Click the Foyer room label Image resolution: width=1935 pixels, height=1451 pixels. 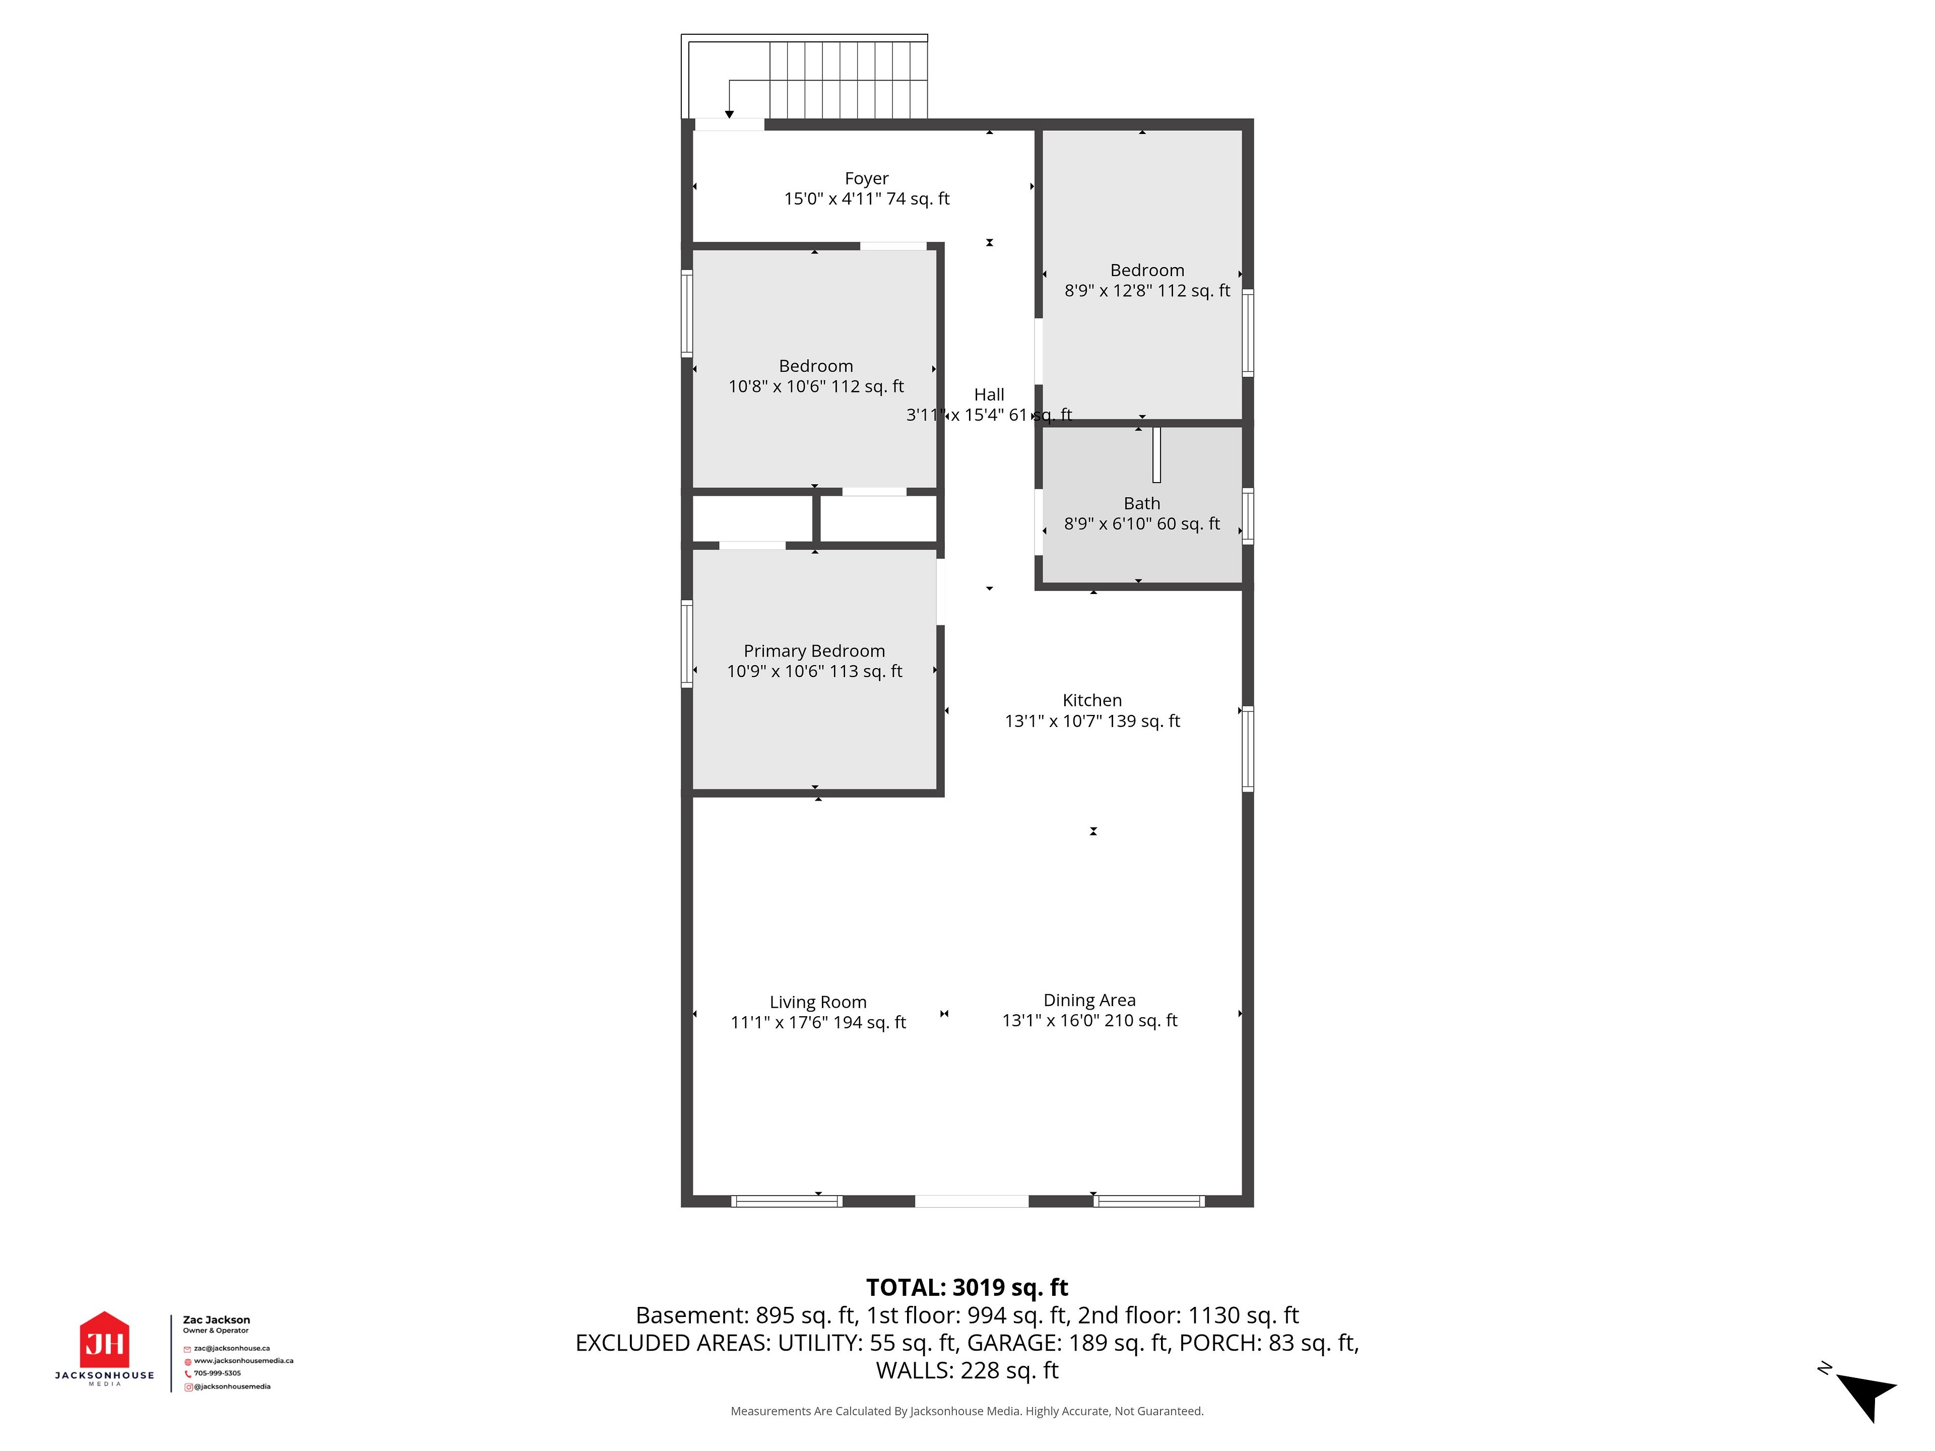pyautogui.click(x=866, y=178)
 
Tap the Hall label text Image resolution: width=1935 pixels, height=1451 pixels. pyautogui.click(x=989, y=394)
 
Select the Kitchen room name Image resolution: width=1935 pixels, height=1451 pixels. pyautogui.click(x=1092, y=700)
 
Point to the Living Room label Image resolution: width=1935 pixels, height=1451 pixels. pyautogui.click(x=818, y=1002)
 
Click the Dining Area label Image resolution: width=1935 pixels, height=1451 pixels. pyautogui.click(x=1089, y=1000)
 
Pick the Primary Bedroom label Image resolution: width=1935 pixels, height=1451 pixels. pyautogui.click(x=814, y=651)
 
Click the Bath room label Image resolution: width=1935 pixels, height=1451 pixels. pyautogui.click(x=1141, y=503)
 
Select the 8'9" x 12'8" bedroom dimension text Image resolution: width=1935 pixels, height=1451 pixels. pyautogui.click(x=1147, y=290)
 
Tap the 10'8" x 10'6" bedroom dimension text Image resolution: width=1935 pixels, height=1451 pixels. pyautogui.click(x=816, y=386)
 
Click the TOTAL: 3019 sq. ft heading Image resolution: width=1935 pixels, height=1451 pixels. pyautogui.click(x=966, y=1287)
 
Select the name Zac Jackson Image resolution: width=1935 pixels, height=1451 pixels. pyautogui.click(x=216, y=1320)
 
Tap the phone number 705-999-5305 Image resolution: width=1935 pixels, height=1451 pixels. pyautogui.click(x=217, y=1373)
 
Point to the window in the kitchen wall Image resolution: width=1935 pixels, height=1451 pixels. pyautogui.click(x=1248, y=749)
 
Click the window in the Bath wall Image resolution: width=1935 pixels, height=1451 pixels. pyautogui.click(x=1248, y=516)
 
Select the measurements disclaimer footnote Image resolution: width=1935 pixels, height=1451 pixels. pyautogui.click(x=966, y=1411)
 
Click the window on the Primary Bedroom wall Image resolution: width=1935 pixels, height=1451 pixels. pyautogui.click(x=687, y=644)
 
